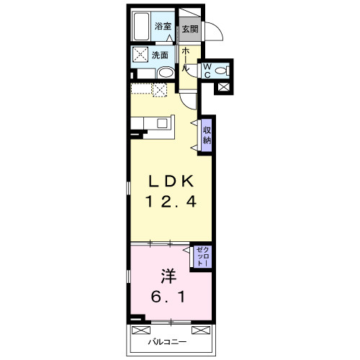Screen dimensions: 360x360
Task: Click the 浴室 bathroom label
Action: [x=163, y=26]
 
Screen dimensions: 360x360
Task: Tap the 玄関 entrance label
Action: [x=190, y=29]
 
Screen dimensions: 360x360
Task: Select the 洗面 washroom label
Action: [x=160, y=55]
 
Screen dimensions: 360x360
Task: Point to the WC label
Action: [x=207, y=71]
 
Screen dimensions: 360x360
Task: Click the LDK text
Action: [x=171, y=181]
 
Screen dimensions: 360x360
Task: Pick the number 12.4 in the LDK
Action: [x=171, y=201]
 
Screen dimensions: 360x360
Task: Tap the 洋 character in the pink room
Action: [x=168, y=276]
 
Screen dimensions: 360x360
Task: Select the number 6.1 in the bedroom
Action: [x=168, y=297]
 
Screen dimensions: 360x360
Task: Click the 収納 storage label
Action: [x=207, y=135]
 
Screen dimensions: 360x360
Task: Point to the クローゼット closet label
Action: [x=203, y=256]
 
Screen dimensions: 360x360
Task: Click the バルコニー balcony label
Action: [x=167, y=342]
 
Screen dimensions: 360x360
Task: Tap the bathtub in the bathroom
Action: [x=141, y=27]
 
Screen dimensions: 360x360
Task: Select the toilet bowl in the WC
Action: [x=222, y=71]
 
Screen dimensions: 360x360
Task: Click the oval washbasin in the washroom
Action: [x=166, y=72]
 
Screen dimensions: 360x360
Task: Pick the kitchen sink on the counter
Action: [x=162, y=123]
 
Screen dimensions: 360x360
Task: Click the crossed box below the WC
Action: [x=223, y=88]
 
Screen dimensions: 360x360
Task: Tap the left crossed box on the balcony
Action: [x=141, y=330]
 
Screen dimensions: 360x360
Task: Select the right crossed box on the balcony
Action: [x=201, y=330]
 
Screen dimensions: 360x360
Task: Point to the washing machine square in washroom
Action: [x=140, y=54]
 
